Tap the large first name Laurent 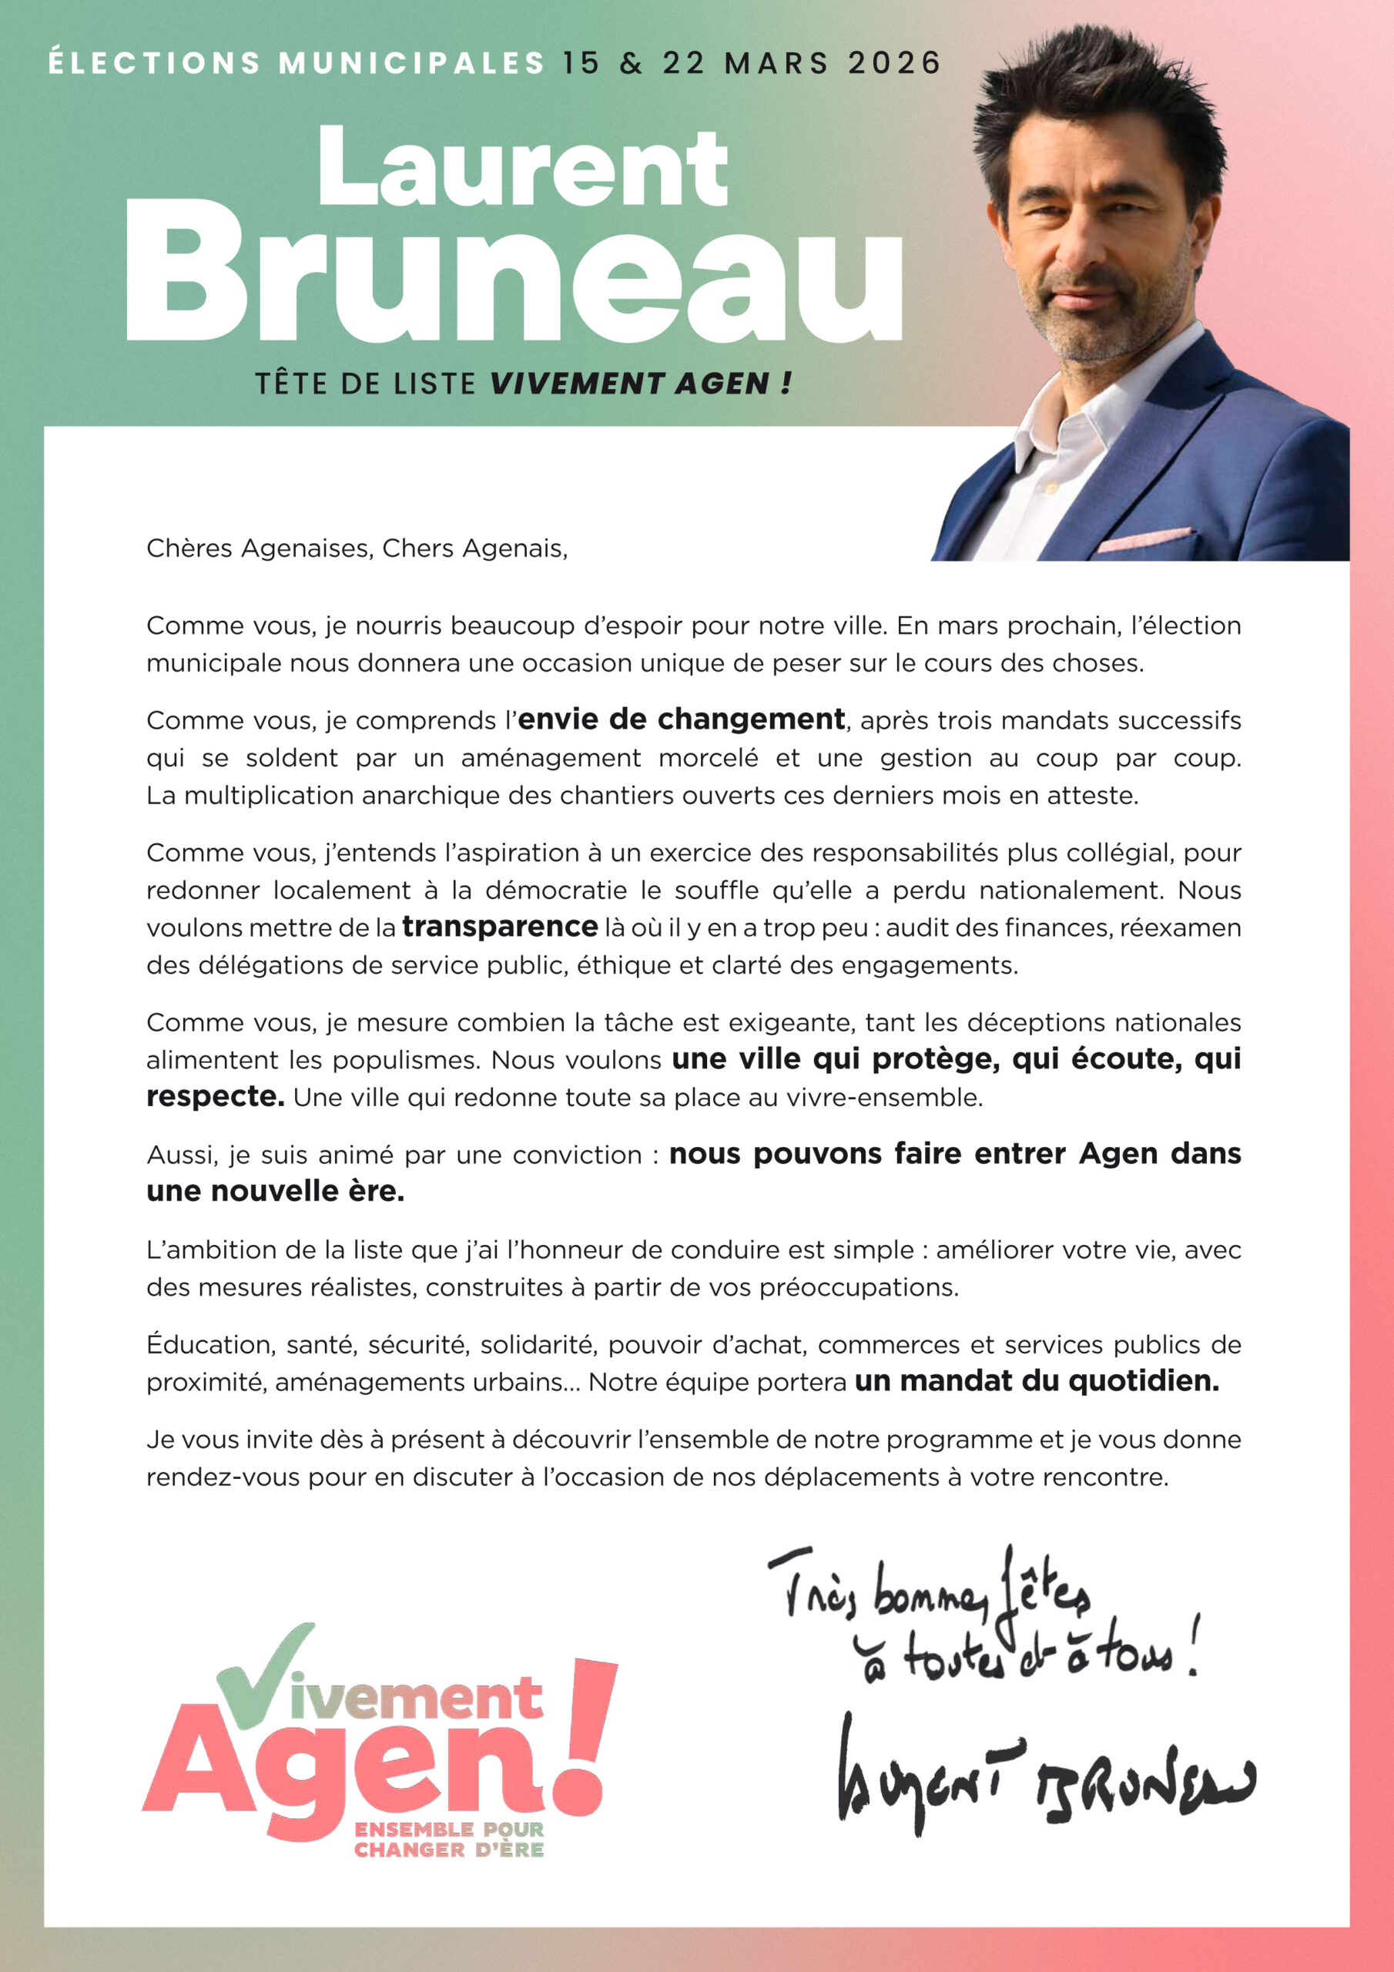(522, 167)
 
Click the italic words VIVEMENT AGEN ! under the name (640, 384)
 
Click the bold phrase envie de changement (681, 719)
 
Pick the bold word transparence (499, 927)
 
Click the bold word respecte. (215, 1097)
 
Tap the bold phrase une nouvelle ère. (275, 1191)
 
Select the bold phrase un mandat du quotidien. (1036, 1381)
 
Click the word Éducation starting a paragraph (210, 1344)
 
